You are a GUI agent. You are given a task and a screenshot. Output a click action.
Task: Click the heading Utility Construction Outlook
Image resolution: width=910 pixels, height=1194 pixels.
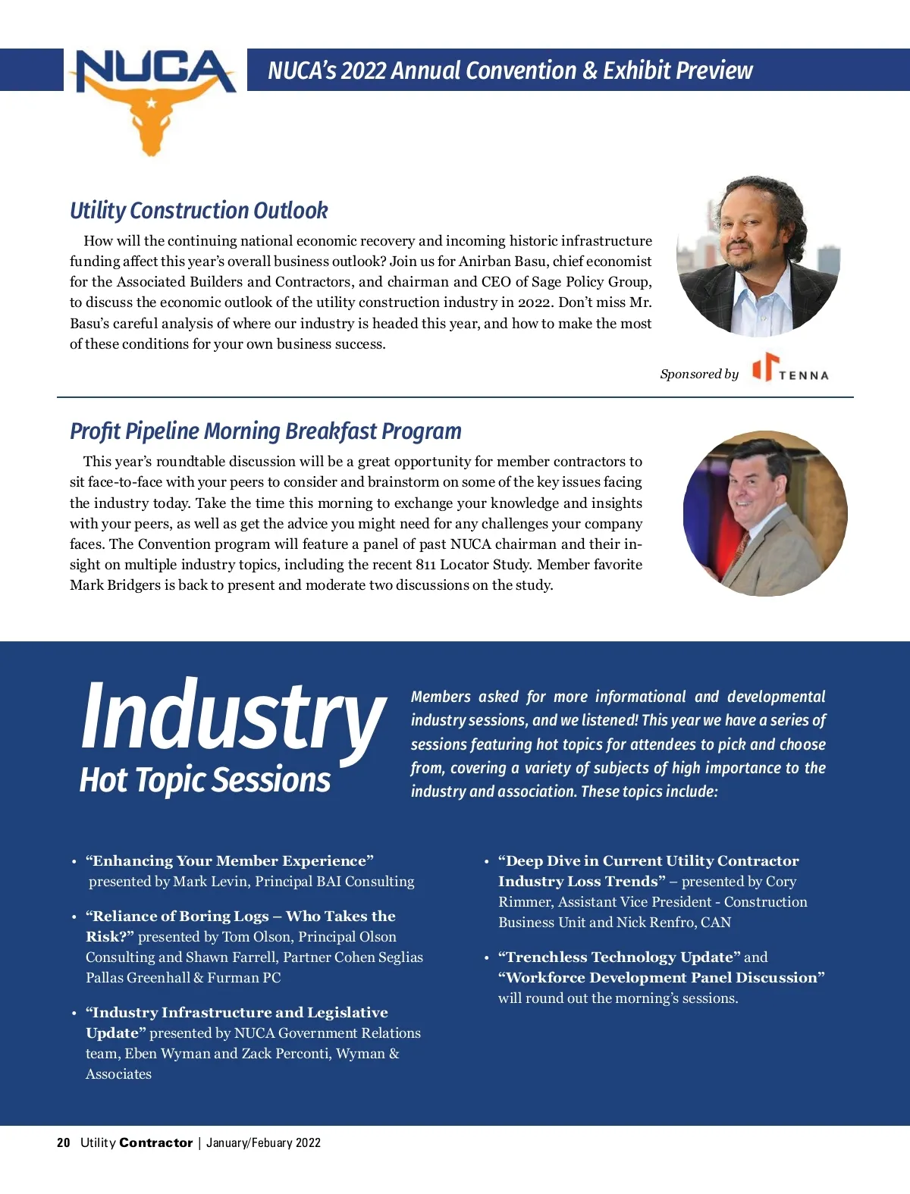pos(199,210)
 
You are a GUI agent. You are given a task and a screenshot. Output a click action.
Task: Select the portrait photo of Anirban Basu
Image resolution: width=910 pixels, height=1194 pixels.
pos(758,255)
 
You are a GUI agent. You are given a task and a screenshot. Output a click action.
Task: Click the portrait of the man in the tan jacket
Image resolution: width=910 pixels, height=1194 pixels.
pos(764,513)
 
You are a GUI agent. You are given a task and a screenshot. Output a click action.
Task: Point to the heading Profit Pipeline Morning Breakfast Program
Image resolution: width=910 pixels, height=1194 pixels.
pos(265,431)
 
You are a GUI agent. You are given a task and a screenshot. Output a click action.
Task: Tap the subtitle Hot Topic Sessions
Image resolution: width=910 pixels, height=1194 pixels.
pos(205,779)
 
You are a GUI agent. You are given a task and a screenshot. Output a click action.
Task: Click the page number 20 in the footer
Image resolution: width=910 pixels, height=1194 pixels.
pos(64,1142)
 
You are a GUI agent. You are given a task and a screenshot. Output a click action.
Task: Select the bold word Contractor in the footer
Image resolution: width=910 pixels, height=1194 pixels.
pos(156,1142)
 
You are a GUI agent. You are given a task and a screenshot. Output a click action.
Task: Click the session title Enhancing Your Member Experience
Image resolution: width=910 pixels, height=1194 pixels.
pos(230,860)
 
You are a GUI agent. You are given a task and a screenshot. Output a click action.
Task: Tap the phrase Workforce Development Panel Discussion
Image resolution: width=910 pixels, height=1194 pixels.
pos(661,977)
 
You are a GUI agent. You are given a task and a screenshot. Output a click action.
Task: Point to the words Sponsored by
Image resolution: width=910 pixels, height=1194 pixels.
pos(699,374)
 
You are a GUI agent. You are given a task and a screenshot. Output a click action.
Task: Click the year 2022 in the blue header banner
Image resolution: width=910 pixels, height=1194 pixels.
pos(362,71)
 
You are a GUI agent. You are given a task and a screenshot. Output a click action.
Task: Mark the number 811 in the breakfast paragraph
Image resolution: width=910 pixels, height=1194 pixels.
pos(425,564)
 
